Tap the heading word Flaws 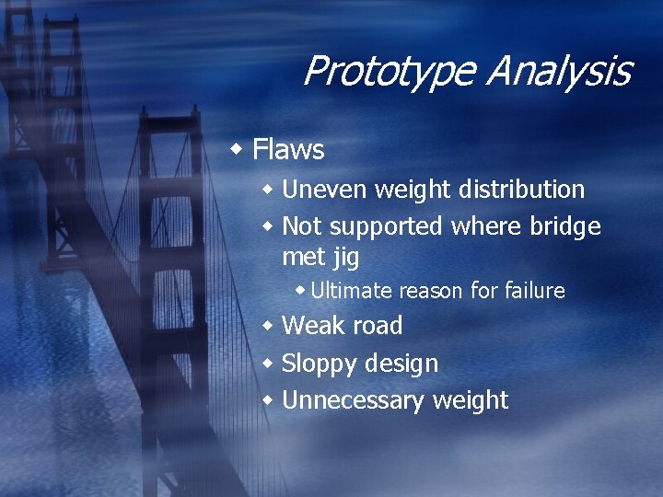288,149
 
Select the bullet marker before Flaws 238,148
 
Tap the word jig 345,257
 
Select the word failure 534,291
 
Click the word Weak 312,326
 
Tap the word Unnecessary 354,400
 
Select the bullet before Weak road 268,326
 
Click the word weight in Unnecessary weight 470,400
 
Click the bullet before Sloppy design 268,363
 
